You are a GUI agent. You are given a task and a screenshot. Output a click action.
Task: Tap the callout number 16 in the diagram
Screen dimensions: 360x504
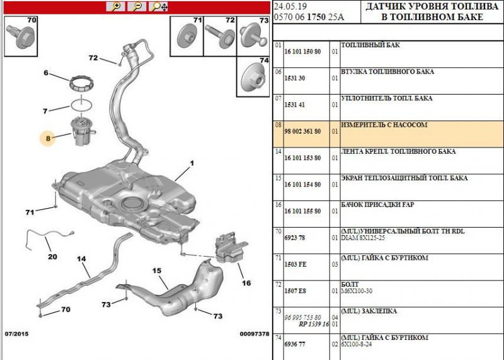coord(246,283)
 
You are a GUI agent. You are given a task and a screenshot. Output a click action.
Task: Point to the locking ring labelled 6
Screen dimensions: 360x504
coord(80,83)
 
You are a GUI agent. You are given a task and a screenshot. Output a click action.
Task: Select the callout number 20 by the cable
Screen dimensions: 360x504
coord(52,257)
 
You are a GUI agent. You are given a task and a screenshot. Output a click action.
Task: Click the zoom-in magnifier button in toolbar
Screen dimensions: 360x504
coord(115,6)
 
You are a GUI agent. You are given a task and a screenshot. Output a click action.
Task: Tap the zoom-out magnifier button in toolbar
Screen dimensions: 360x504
coord(136,6)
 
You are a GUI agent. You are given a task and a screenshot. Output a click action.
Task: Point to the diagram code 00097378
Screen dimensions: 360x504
coord(254,334)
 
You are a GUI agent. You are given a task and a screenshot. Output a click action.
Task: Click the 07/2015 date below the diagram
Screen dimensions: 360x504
coord(17,333)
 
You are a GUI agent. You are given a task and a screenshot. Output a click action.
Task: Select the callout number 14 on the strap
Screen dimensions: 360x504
coord(81,258)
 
